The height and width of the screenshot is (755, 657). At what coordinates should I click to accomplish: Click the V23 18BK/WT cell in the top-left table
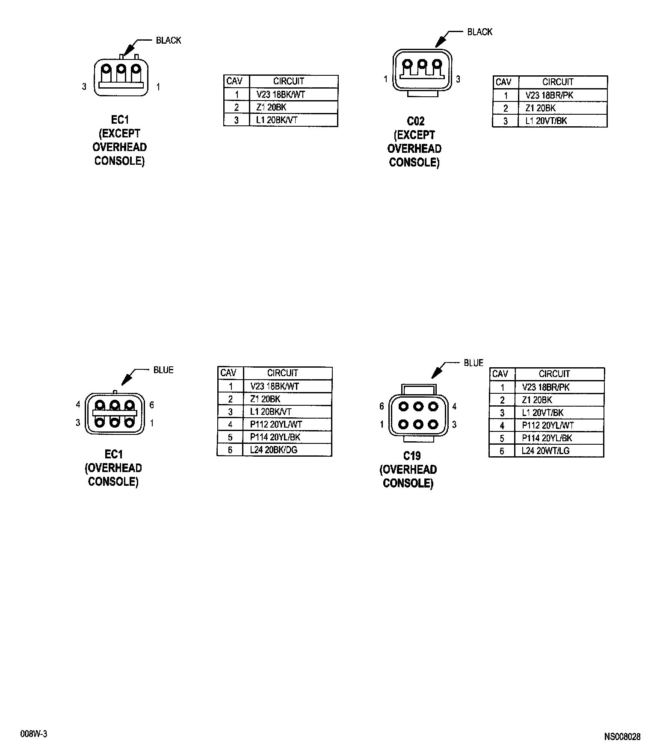tap(281, 95)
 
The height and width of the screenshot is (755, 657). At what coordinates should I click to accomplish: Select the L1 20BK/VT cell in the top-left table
tap(276, 120)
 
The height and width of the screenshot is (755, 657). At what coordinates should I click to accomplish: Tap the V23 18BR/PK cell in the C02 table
tap(549, 95)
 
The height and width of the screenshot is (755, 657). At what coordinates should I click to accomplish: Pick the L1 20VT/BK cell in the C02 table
tap(546, 121)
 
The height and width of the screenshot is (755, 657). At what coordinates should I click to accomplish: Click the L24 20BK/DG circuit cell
tap(274, 450)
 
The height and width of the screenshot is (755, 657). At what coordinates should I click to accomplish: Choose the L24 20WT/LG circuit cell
tap(545, 451)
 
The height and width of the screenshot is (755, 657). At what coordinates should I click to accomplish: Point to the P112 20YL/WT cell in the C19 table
tap(547, 425)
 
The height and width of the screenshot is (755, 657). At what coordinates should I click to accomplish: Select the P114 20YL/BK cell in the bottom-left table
tap(275, 437)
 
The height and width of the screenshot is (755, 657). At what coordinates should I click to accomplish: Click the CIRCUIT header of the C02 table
tap(558, 82)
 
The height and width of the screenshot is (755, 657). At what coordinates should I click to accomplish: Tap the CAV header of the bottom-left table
tap(228, 373)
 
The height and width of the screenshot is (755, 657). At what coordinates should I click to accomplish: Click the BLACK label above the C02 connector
tap(479, 32)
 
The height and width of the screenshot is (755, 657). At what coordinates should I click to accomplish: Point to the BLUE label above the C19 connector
tap(474, 363)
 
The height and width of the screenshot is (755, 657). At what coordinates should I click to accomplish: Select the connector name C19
tap(412, 456)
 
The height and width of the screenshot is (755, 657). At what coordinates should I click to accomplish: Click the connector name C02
tap(415, 121)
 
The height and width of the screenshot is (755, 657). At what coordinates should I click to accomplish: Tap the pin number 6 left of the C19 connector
tap(382, 406)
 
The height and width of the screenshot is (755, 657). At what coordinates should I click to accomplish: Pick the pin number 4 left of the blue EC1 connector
tap(78, 404)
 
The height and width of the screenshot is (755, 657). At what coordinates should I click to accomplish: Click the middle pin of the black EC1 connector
tap(121, 68)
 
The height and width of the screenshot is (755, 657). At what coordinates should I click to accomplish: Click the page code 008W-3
tap(33, 734)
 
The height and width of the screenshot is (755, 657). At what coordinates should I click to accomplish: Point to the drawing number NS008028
tap(622, 737)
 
